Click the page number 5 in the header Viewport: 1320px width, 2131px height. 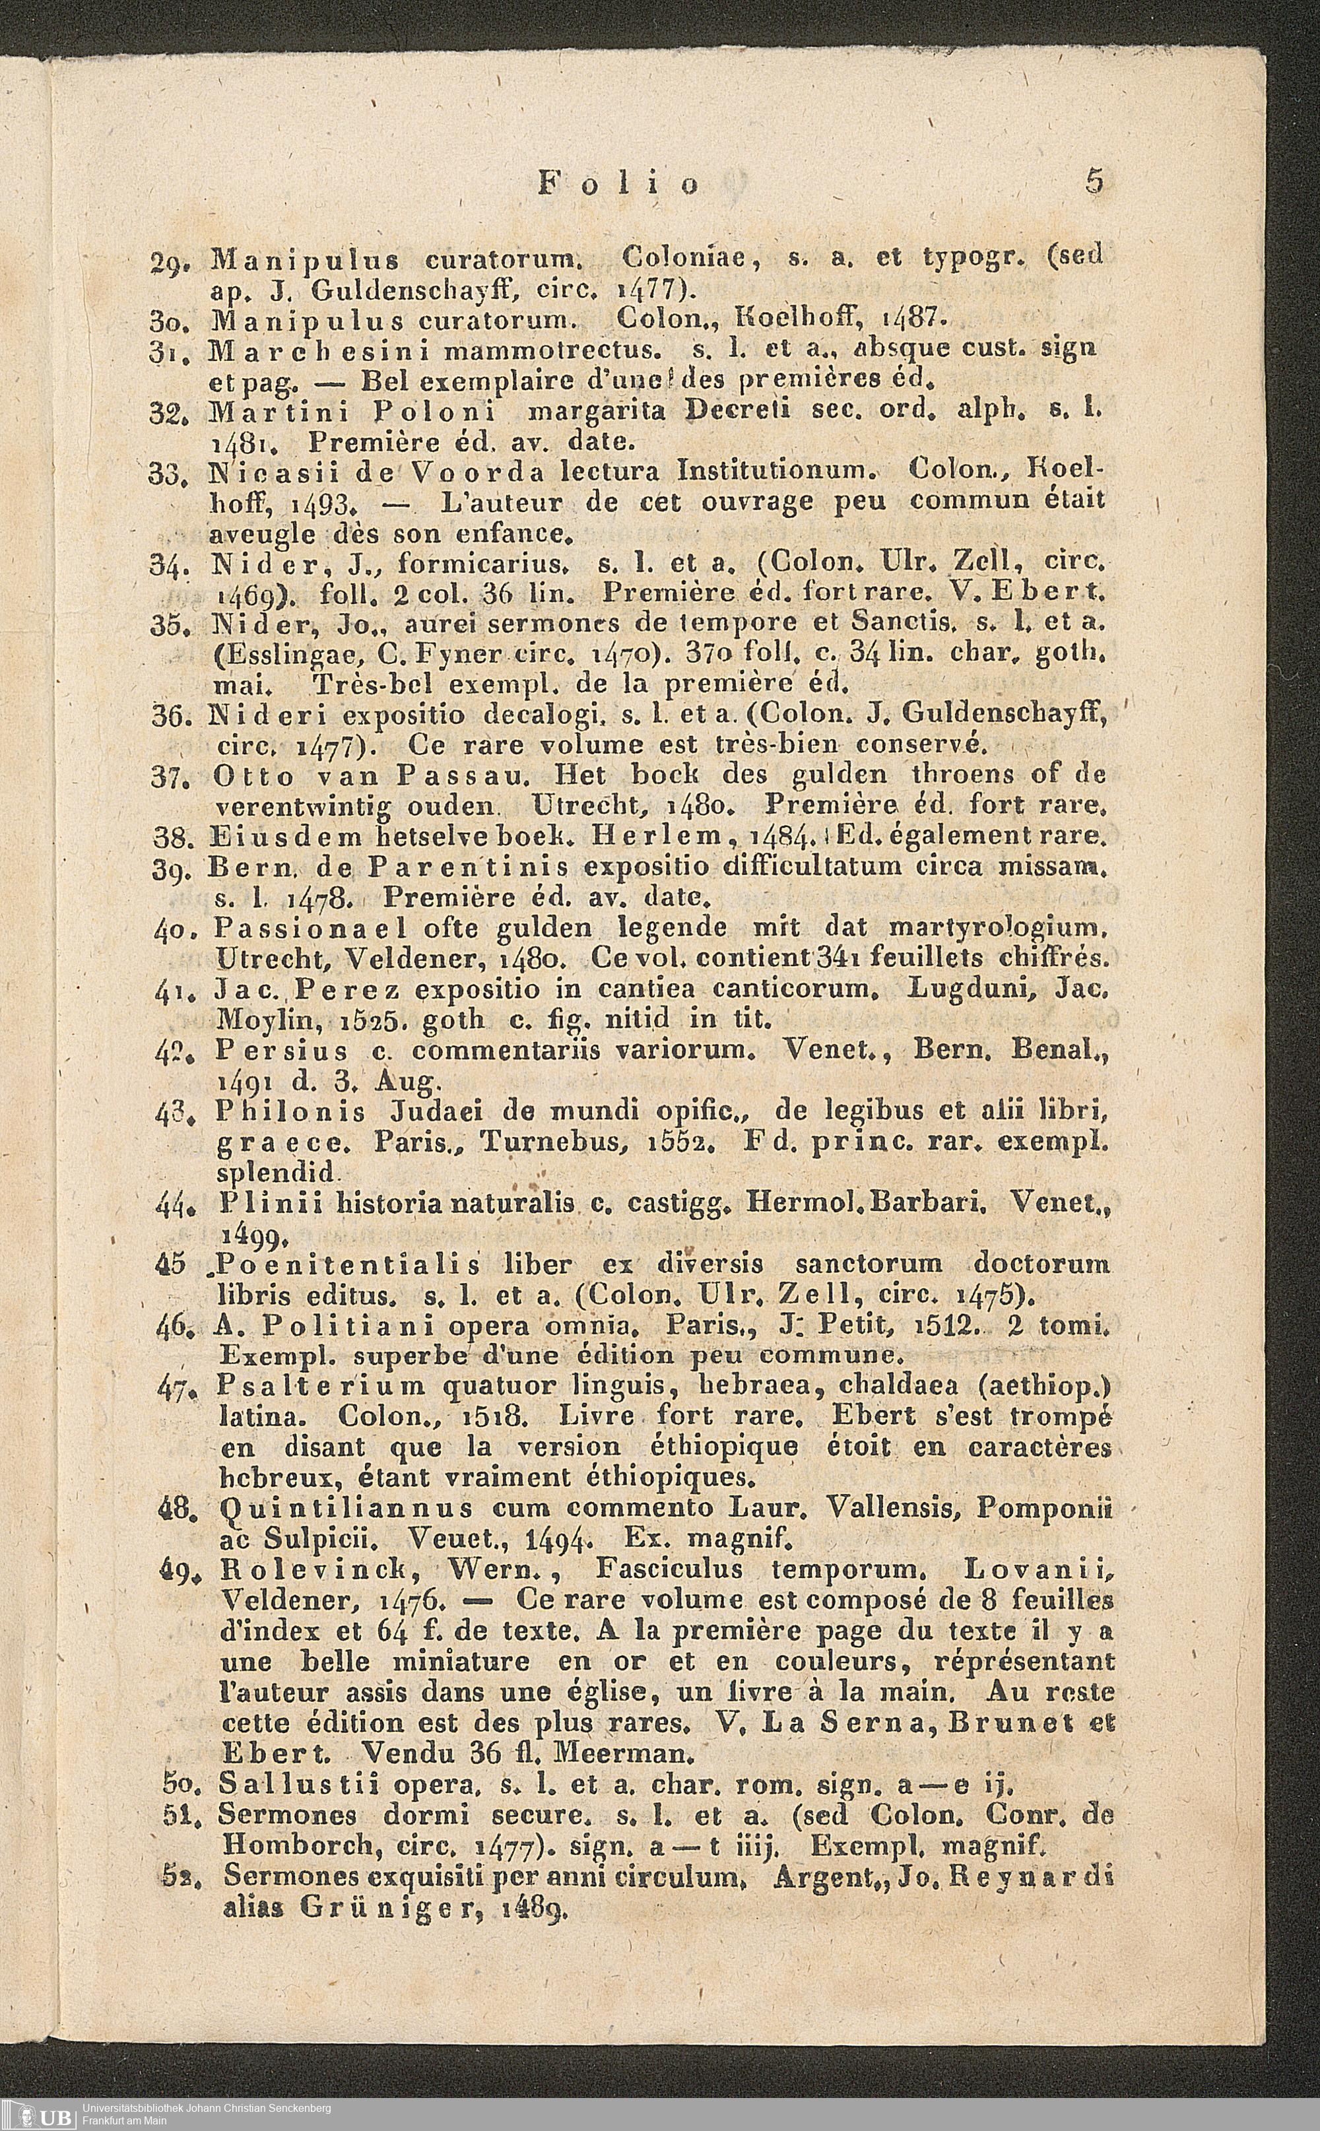(x=1095, y=181)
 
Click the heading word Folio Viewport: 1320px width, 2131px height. (x=620, y=183)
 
